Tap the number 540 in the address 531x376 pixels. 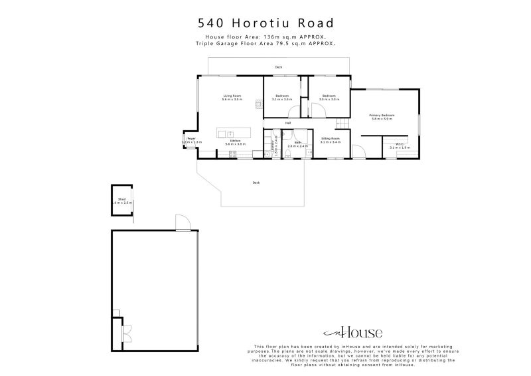point(210,23)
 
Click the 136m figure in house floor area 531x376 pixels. point(264,37)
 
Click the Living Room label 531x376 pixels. point(232,96)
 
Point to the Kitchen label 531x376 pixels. point(235,141)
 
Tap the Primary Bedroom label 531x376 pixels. point(382,116)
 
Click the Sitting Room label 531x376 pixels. point(331,138)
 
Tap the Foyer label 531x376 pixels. point(191,139)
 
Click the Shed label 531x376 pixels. point(121,199)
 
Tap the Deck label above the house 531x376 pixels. point(279,68)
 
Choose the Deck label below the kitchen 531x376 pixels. point(256,183)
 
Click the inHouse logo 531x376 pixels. point(361,332)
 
